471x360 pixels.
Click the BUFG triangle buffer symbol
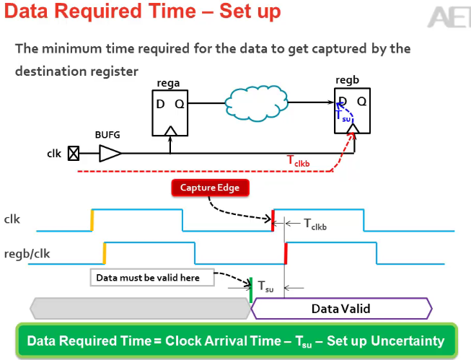pyautogui.click(x=110, y=153)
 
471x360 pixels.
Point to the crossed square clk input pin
pyautogui.click(x=73, y=153)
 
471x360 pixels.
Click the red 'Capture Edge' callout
pyautogui.click(x=210, y=189)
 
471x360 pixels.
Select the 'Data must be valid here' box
pyautogui.click(x=154, y=277)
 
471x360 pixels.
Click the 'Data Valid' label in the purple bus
pyautogui.click(x=340, y=309)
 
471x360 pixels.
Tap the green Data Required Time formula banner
pyautogui.click(x=235, y=341)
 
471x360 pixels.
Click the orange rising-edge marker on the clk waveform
pyautogui.click(x=92, y=220)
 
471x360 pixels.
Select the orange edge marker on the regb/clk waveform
pyautogui.click(x=105, y=253)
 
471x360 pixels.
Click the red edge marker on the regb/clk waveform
pyautogui.click(x=286, y=253)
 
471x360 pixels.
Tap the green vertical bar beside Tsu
pyautogui.click(x=250, y=289)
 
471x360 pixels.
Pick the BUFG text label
pyautogui.click(x=107, y=135)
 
